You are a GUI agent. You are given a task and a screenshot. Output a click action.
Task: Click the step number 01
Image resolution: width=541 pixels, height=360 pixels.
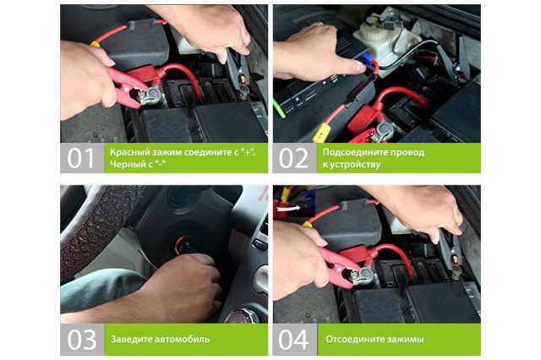click(x=80, y=158)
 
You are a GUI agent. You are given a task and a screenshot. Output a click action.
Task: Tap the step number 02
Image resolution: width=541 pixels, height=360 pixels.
click(x=293, y=158)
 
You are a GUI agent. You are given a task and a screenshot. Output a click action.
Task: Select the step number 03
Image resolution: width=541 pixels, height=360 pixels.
click(x=81, y=340)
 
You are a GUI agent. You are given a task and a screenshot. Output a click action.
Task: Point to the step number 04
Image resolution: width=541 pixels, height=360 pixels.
click(x=293, y=340)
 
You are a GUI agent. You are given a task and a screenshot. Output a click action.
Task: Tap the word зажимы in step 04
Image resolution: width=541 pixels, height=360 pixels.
click(x=400, y=340)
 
